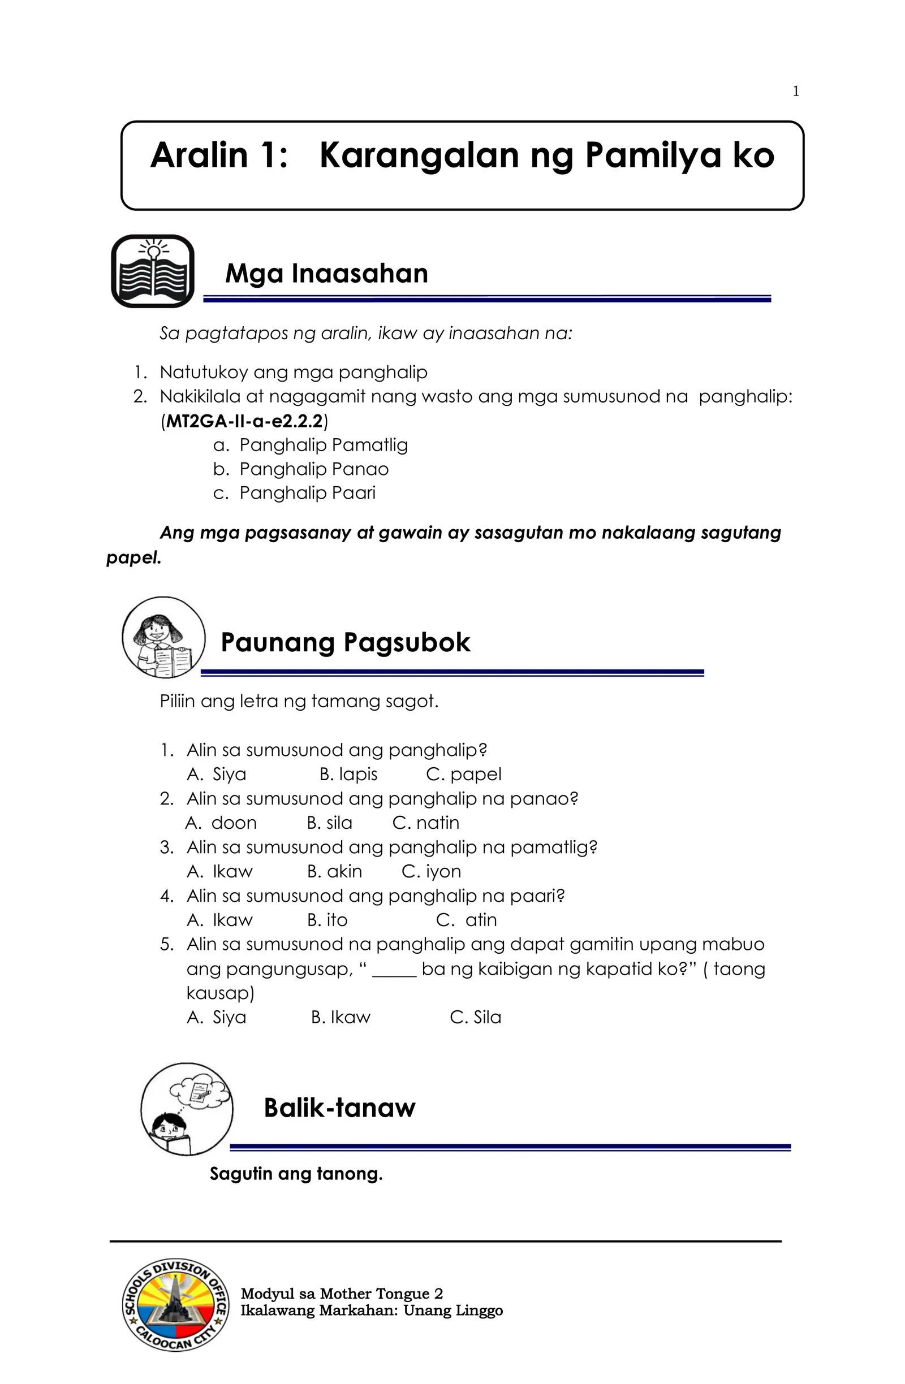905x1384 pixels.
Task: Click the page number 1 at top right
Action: (796, 91)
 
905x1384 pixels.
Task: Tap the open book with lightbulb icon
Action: (153, 271)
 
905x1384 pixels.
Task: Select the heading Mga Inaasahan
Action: (326, 273)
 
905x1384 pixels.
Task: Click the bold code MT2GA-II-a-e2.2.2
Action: (244, 421)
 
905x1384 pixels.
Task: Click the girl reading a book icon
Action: (163, 637)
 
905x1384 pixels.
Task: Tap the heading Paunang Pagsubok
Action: (345, 643)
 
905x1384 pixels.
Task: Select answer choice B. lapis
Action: (348, 774)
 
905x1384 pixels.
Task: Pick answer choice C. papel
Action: (464, 774)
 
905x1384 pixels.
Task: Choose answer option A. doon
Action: (221, 823)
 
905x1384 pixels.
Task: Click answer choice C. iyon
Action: (431, 871)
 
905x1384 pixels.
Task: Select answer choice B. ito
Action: (327, 920)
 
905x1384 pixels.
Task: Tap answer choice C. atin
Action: (467, 920)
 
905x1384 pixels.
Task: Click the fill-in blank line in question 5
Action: (394, 970)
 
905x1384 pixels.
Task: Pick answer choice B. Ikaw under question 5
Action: (341, 1017)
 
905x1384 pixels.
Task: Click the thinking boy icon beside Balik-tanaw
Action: (187, 1109)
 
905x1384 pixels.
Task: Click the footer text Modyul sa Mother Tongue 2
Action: (342, 1294)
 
